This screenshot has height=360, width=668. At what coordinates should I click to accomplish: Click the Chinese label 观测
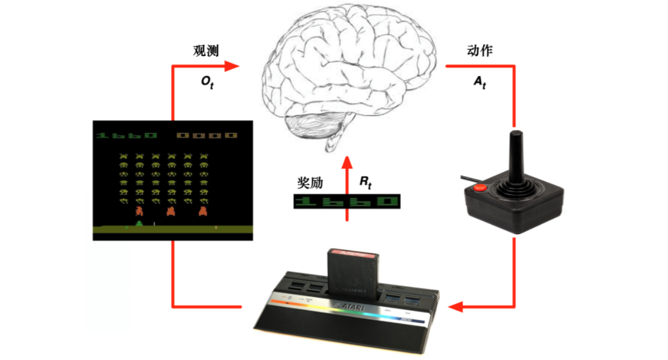click(x=205, y=51)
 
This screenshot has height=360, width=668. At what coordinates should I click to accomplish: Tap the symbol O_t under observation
click(x=208, y=81)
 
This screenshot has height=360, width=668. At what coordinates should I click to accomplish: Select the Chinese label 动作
click(x=480, y=50)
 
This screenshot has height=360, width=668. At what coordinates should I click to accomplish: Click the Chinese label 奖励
click(x=310, y=183)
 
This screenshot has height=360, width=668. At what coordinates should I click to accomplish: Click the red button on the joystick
click(x=479, y=189)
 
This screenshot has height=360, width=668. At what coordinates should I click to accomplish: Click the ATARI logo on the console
click(x=349, y=305)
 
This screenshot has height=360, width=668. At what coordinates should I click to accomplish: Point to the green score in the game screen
click(x=128, y=135)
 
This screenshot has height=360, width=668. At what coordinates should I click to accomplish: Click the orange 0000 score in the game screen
click(x=208, y=135)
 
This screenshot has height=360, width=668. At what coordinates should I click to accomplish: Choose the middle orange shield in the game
click(x=171, y=210)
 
